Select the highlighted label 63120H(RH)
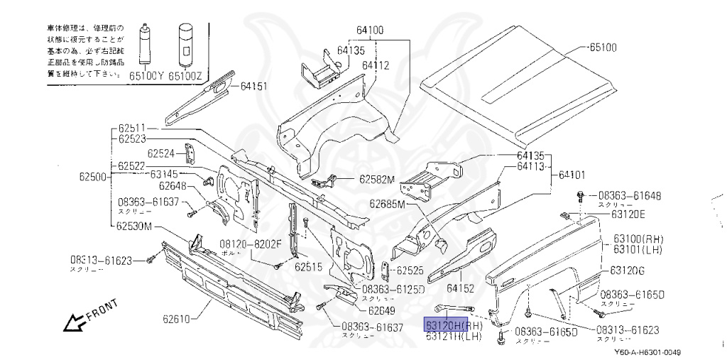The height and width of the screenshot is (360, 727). click(453, 325)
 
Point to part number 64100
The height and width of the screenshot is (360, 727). click(369, 31)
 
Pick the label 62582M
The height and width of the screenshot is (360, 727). click(376, 180)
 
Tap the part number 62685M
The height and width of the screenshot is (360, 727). click(386, 204)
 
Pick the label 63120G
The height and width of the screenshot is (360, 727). click(628, 271)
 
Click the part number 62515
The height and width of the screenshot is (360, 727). click(309, 268)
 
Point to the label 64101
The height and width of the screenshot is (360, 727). click(572, 173)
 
